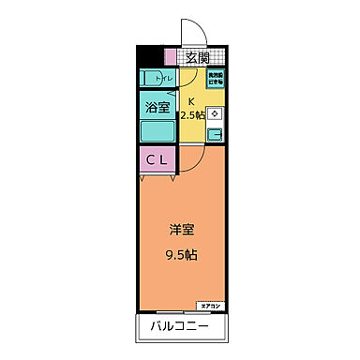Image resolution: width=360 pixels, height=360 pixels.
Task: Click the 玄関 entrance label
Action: (x=197, y=58)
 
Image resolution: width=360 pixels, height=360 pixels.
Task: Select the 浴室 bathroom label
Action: (x=157, y=108)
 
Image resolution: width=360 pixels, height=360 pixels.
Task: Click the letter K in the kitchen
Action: (x=192, y=101)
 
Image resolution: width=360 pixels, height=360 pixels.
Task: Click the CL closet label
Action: (x=157, y=159)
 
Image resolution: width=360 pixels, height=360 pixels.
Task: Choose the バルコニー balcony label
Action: (x=178, y=328)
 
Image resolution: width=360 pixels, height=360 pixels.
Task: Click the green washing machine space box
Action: (x=216, y=80)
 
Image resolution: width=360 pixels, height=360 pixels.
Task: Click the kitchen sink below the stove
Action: (x=215, y=134)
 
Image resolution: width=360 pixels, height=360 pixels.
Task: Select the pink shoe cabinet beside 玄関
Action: (x=170, y=57)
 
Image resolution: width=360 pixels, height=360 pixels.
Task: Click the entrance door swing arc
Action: (x=189, y=31)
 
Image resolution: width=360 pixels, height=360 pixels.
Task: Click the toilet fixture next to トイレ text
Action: (x=150, y=78)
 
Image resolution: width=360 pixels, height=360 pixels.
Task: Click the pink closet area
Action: (x=157, y=160)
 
